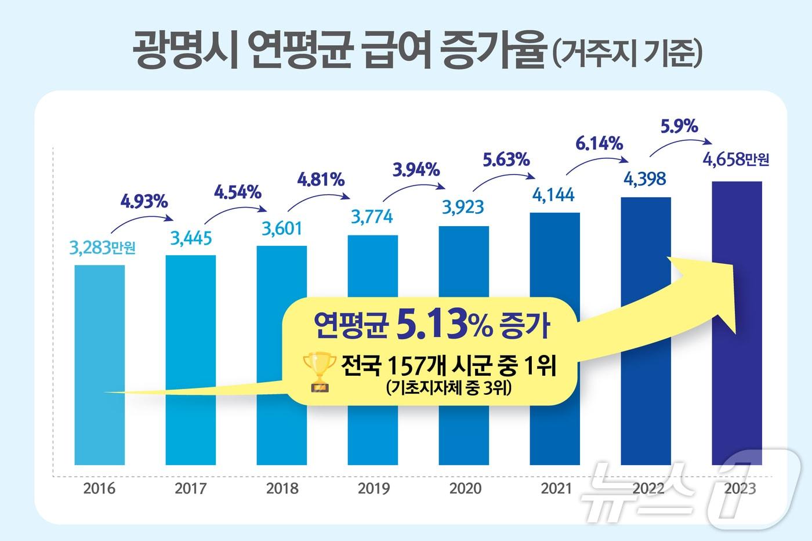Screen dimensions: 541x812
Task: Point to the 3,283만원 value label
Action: coord(102,248)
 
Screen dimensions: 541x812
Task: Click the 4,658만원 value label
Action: coord(735,158)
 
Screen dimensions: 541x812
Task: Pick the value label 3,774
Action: coord(372,216)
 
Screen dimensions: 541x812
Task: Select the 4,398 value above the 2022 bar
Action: coord(644,179)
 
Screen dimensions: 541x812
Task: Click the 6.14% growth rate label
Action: coord(599,143)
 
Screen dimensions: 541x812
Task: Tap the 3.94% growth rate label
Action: coord(416,170)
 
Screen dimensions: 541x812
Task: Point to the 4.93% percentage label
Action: coord(144,202)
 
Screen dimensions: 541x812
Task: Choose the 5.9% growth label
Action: coord(679,126)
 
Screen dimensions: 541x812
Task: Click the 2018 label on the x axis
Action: coord(282,488)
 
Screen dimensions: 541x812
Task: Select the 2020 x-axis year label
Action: coord(465,488)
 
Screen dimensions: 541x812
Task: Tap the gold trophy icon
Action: coord(319,371)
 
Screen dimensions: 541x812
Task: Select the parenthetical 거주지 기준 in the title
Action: coord(627,56)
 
